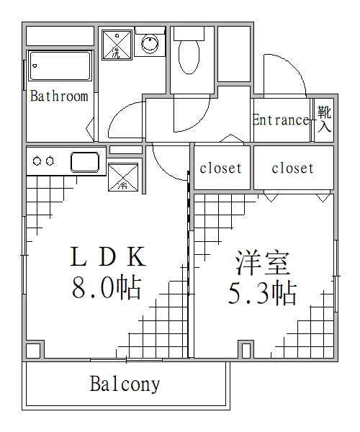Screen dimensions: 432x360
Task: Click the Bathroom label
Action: point(59,96)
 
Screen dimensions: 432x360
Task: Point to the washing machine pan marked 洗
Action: point(116,45)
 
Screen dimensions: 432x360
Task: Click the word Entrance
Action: point(280,120)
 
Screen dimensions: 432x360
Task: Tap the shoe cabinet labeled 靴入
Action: point(325,120)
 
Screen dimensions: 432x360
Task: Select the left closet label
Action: point(220,168)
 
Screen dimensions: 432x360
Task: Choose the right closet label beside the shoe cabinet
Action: point(292,168)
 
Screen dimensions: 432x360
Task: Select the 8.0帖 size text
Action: point(105,289)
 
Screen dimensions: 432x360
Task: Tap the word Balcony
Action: point(125,384)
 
